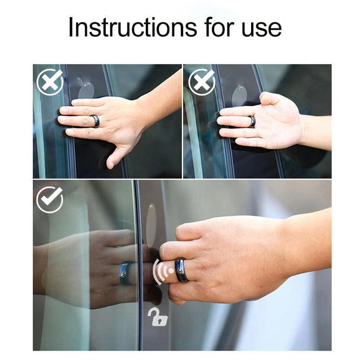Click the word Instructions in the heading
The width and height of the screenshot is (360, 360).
pos(132,28)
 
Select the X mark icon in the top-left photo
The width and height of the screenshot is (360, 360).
pos(50,82)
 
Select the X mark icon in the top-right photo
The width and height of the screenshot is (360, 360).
pos(202,82)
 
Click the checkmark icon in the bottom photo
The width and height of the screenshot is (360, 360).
pos(49,199)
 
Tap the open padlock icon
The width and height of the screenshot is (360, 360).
pos(157,317)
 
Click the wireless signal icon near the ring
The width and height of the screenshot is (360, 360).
pos(163,271)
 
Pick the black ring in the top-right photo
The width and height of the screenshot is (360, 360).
pos(252,121)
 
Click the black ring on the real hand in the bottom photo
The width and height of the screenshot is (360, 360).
pos(181,270)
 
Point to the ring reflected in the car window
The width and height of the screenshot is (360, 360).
pos(125,273)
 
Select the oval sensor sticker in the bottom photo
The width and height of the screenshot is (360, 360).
pos(151,226)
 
